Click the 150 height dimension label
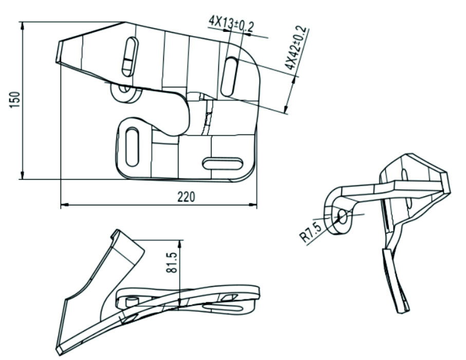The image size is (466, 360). (15, 100)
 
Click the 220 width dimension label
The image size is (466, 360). (187, 197)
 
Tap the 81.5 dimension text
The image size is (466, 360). (172, 262)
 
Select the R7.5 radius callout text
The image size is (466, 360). (310, 232)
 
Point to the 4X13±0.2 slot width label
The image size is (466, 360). (231, 24)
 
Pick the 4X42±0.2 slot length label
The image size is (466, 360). (295, 48)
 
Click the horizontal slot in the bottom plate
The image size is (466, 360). (222, 164)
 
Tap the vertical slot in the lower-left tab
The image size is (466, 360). (132, 147)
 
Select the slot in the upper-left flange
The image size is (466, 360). (130, 56)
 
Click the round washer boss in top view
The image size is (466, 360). (125, 92)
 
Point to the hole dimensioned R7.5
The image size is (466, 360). (342, 216)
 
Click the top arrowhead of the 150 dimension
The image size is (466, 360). (22, 26)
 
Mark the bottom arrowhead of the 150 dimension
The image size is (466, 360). (22, 175)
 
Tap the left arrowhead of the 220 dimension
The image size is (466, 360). (65, 205)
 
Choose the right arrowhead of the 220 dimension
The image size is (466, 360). (253, 204)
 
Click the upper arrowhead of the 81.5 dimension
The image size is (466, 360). (180, 243)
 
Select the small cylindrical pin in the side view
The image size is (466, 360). (132, 300)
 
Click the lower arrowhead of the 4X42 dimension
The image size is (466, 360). (286, 109)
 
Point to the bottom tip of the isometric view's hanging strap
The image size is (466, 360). (404, 312)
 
